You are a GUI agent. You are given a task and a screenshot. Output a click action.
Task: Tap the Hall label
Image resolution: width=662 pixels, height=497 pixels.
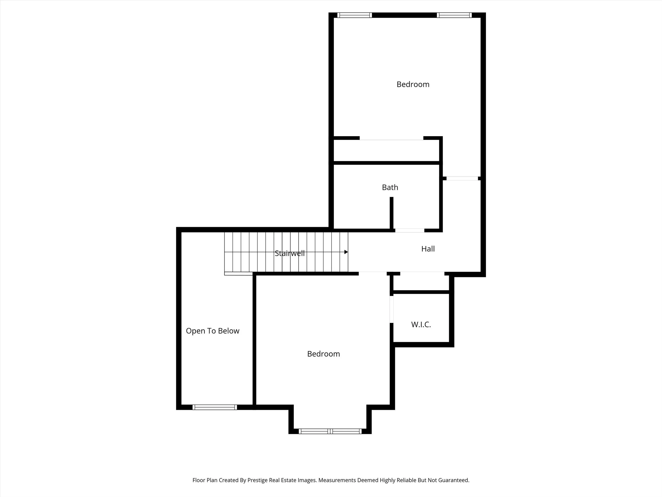(428, 249)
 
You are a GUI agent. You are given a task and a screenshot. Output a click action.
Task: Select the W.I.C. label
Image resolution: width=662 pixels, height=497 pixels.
(421, 324)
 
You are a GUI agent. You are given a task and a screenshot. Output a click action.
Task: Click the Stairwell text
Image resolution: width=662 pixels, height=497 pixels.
(289, 253)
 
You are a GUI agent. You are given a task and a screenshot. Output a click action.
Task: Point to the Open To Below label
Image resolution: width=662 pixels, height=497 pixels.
(212, 331)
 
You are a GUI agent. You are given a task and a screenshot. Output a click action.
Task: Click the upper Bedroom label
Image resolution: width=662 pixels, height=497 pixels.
(413, 85)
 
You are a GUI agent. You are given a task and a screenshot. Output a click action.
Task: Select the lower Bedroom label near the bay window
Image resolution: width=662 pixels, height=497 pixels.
(323, 354)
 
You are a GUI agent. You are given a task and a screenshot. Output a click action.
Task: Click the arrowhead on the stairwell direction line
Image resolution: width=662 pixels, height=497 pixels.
(346, 252)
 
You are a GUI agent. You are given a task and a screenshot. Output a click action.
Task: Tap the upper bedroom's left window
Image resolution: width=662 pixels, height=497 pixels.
(354, 15)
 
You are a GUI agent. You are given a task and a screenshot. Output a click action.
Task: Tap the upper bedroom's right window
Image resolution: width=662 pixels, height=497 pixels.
(454, 15)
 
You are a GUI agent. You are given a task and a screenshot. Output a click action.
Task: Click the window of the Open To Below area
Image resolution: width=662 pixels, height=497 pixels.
(214, 407)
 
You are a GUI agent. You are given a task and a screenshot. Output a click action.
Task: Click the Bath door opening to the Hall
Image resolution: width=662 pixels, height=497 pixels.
(409, 230)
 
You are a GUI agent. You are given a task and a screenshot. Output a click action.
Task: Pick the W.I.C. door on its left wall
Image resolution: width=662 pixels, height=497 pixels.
(391, 309)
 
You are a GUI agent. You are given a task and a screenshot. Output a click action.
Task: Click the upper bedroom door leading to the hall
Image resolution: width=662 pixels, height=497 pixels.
(462, 179)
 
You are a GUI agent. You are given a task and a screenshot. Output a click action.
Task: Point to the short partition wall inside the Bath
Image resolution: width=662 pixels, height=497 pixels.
(391, 213)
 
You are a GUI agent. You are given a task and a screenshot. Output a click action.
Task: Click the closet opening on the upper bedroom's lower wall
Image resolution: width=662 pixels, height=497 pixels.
(391, 138)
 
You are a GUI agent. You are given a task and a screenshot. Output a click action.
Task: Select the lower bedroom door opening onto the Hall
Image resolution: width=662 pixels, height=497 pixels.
(373, 273)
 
